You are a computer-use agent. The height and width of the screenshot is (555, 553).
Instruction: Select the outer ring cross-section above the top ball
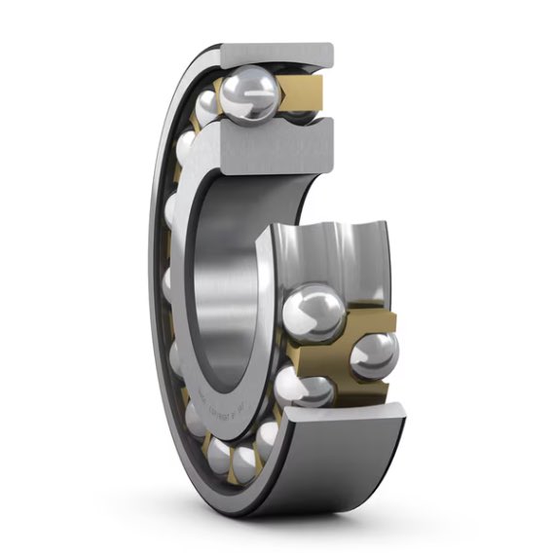click(277, 55)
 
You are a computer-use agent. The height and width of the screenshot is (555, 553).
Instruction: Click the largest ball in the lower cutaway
click(313, 312)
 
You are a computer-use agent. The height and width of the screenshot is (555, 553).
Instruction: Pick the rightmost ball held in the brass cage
click(373, 354)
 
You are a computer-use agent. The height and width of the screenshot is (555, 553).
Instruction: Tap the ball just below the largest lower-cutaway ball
click(311, 389)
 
